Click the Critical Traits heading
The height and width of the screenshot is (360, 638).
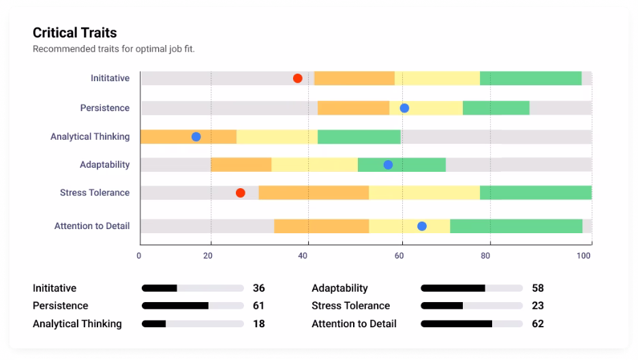coord(75,33)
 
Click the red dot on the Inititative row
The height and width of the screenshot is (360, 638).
coord(298,78)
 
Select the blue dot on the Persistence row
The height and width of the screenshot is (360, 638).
coord(404,108)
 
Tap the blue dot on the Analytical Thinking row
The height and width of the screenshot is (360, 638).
coord(196,136)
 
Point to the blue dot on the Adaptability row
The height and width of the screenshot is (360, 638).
coord(388,164)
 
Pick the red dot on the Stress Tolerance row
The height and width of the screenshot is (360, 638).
coord(240,193)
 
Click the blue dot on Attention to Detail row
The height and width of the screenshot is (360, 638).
coord(422,226)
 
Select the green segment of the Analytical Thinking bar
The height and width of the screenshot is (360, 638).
coord(359,136)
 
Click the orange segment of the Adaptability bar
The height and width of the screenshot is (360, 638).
coord(241,164)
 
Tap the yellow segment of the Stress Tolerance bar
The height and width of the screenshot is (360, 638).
coord(424,193)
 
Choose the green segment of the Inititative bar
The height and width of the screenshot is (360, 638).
coord(530,78)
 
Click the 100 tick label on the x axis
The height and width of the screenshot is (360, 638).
coord(584,256)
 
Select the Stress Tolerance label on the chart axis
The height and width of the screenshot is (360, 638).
coord(94,193)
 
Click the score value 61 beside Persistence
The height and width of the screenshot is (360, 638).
coord(258,305)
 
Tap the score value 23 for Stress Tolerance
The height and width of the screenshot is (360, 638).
coord(538,305)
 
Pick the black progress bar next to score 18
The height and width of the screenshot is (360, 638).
coord(154,324)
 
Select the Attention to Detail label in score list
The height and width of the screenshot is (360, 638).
coord(354,324)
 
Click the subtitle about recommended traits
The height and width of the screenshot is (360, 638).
coord(114,49)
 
